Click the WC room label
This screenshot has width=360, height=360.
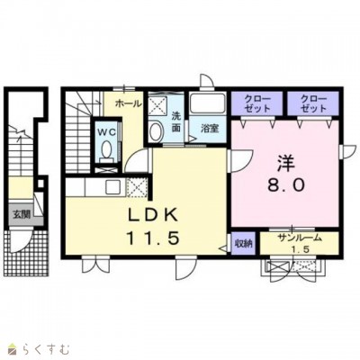click(x=106, y=132)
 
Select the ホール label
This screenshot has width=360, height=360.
click(x=128, y=103)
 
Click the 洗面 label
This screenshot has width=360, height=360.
click(x=176, y=121)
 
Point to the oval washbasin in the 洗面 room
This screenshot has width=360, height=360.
click(x=157, y=131)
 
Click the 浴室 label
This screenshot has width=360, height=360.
click(x=210, y=129)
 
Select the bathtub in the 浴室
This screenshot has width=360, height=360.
click(x=207, y=103)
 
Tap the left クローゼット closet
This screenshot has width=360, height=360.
click(x=257, y=103)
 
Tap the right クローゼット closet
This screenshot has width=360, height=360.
click(x=313, y=103)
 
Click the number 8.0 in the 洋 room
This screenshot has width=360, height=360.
click(x=285, y=185)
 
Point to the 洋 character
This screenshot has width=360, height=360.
click(x=285, y=163)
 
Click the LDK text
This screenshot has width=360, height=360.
click(x=153, y=215)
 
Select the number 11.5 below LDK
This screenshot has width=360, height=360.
click(x=153, y=238)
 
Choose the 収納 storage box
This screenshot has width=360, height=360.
click(x=243, y=243)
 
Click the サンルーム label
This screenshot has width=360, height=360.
click(x=299, y=238)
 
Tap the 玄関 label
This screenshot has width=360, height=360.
click(x=22, y=214)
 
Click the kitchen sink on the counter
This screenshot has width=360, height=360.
click(x=113, y=187)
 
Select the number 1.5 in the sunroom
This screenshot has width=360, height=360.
click(x=299, y=249)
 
